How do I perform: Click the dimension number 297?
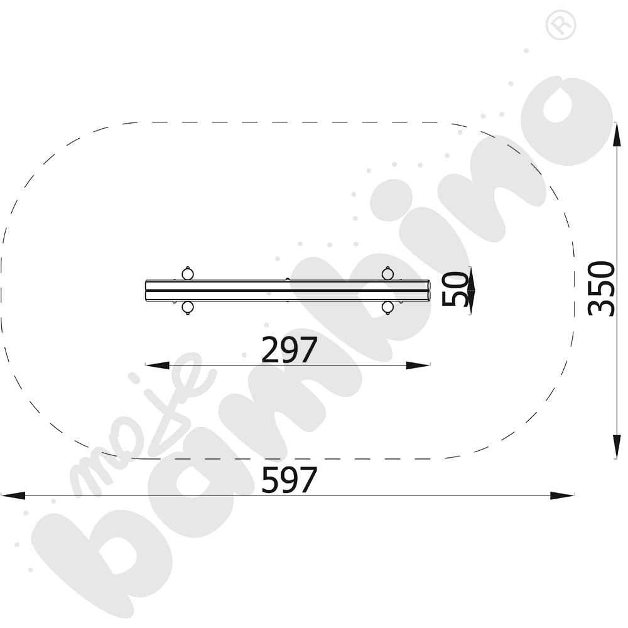289,350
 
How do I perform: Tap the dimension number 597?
289,480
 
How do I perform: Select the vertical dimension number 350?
601,288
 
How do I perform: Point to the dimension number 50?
455,288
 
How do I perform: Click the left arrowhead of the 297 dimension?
157,365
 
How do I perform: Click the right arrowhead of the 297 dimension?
418,365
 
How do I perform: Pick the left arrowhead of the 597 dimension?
13,495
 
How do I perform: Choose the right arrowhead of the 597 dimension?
561,495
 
